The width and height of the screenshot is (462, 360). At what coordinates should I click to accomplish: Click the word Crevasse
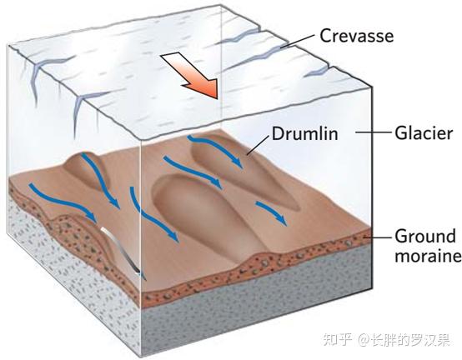[357, 36]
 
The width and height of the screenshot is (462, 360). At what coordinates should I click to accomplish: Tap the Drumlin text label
[304, 133]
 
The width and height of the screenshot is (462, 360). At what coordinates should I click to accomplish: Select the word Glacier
[424, 132]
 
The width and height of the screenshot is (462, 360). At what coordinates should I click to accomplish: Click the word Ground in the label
[425, 236]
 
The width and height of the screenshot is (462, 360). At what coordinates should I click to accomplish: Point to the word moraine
[428, 256]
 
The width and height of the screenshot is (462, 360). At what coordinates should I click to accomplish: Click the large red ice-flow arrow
[192, 75]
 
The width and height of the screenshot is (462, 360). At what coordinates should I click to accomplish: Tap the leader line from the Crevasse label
[297, 41]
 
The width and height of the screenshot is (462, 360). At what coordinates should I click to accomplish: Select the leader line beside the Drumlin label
[258, 145]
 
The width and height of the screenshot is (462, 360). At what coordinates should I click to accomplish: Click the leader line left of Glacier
[374, 132]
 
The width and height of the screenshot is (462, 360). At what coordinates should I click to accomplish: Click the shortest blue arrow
[272, 212]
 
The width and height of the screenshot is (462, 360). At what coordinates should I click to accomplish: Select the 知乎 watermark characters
[338, 339]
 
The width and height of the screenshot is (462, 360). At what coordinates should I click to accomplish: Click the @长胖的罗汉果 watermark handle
[404, 339]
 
